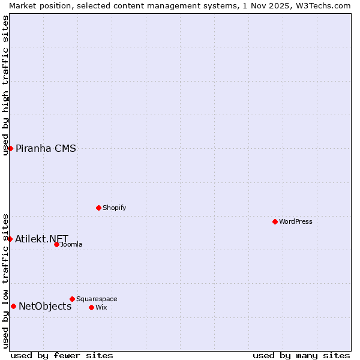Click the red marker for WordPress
[x=275, y=221]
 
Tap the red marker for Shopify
[x=99, y=208]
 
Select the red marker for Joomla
[x=57, y=244]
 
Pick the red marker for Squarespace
[x=73, y=299]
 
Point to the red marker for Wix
[x=92, y=307]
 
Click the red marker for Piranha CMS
[x=10, y=148]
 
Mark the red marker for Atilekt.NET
[x=10, y=239]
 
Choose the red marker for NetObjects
[x=13, y=306]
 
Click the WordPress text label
[x=296, y=221]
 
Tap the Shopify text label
[x=114, y=208]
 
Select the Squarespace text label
[x=97, y=299]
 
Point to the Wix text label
[x=101, y=307]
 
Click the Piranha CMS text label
[x=46, y=148]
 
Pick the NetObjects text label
[x=45, y=307]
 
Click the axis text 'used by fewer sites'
[x=62, y=355]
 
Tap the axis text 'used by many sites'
[x=301, y=355]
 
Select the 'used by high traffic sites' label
[x=5, y=85]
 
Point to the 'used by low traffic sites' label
[x=5, y=281]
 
